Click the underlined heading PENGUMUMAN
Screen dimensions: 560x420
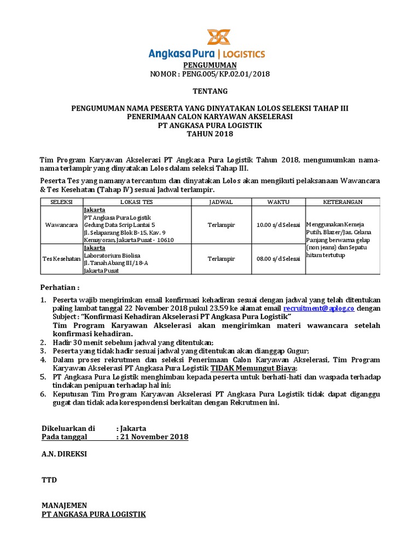[x=209, y=65]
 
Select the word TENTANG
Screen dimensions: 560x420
[x=209, y=91]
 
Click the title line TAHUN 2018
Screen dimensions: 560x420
[x=209, y=134]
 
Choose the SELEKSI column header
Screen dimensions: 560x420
[x=61, y=202]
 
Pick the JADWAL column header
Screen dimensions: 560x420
[x=221, y=202]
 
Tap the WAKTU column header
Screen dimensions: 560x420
[x=278, y=202]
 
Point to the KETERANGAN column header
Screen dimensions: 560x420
[x=343, y=202]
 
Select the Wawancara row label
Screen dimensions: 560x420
[x=61, y=225]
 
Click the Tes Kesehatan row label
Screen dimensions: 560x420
[x=61, y=259]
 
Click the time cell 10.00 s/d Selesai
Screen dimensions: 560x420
[x=278, y=225]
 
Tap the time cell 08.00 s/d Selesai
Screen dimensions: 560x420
[x=278, y=259]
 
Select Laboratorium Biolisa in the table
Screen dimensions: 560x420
[x=112, y=255]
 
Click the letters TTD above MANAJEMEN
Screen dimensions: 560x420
[x=49, y=480]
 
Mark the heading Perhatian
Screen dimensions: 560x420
[x=60, y=288]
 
